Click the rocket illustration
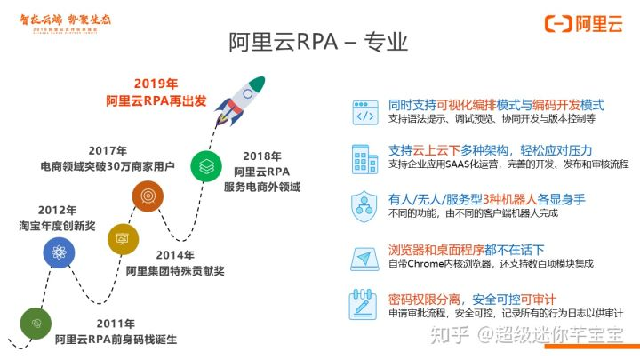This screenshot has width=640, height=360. (242, 94)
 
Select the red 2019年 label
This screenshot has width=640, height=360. (156, 84)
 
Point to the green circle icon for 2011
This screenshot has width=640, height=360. (36, 323)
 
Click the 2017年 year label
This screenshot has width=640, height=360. (108, 149)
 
